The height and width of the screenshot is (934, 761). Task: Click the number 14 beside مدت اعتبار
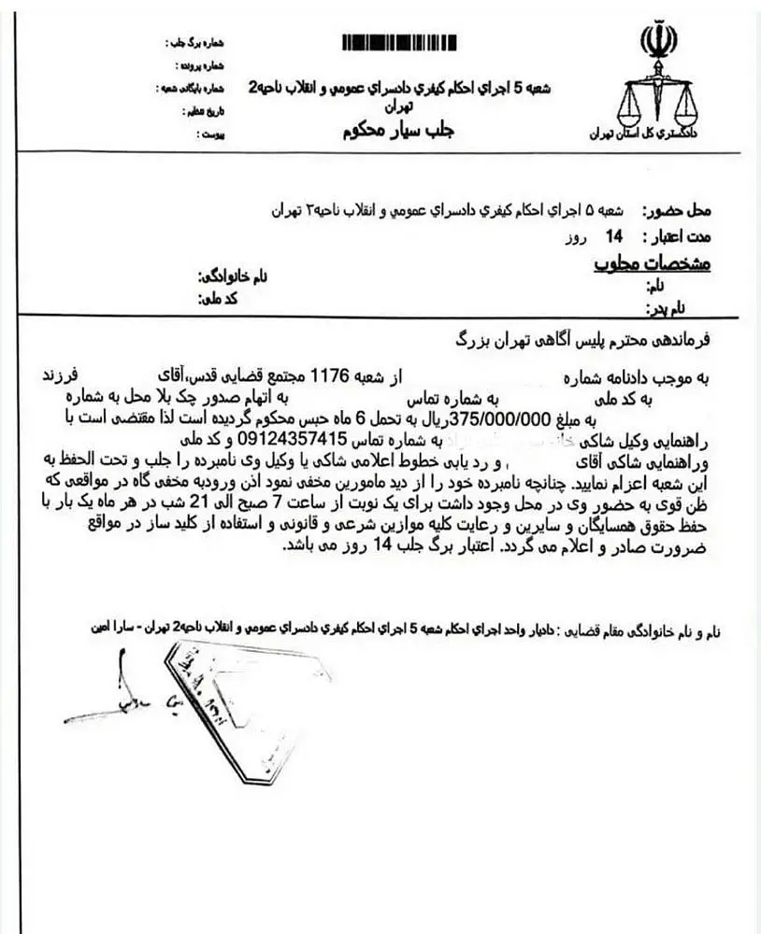[x=616, y=236]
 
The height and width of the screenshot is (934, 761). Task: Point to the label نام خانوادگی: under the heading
[x=232, y=277]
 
